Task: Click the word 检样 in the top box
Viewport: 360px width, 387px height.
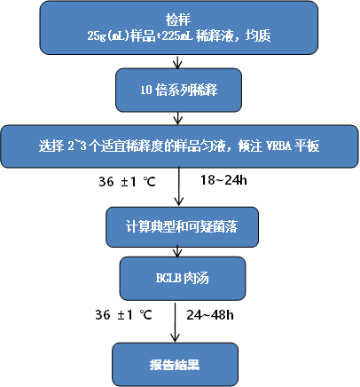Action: click(178, 20)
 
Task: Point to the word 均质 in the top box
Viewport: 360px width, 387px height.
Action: click(258, 36)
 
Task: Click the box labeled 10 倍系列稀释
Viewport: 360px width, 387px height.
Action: click(178, 90)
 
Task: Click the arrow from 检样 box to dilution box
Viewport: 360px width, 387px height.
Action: click(177, 61)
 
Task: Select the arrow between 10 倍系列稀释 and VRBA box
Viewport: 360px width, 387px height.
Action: click(177, 118)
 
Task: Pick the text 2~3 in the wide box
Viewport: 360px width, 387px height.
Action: click(77, 146)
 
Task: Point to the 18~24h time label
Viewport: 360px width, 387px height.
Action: click(223, 180)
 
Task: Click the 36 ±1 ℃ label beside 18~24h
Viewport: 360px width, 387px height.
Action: click(127, 181)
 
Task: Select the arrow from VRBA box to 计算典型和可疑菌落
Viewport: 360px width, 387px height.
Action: click(178, 186)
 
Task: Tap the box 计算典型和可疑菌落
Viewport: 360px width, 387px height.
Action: click(182, 227)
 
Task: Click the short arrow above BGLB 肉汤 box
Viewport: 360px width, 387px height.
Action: click(177, 251)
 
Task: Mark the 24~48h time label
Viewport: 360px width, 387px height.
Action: click(210, 315)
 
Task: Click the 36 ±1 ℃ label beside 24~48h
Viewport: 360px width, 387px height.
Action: click(123, 315)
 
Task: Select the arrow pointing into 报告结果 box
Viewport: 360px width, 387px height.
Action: click(176, 322)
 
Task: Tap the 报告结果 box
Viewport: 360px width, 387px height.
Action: click(175, 365)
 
